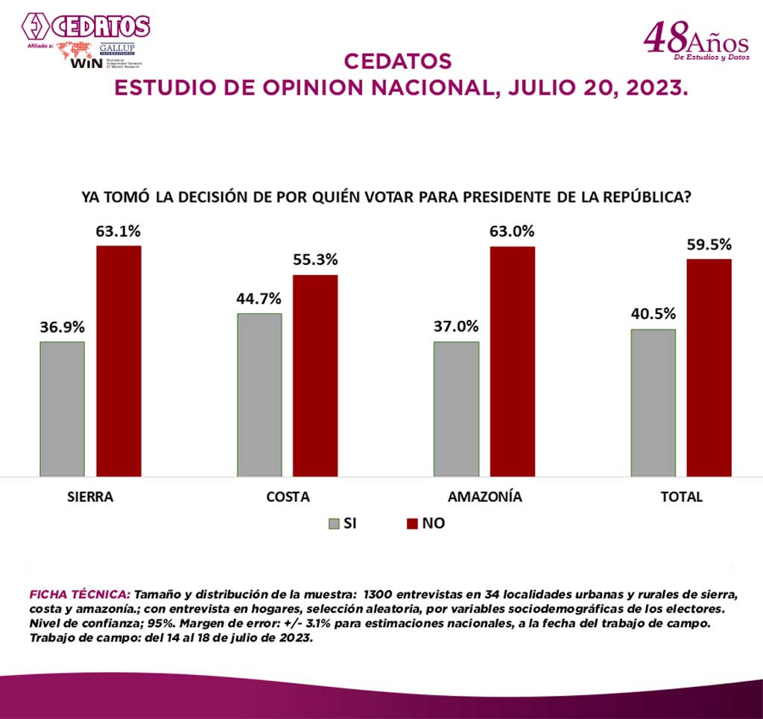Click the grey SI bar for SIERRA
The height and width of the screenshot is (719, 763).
pyautogui.click(x=62, y=409)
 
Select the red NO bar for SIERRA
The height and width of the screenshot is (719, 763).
pyautogui.click(x=118, y=361)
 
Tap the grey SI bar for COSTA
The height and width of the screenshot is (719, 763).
pyautogui.click(x=259, y=395)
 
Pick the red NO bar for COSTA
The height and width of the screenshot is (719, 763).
pyautogui.click(x=315, y=375)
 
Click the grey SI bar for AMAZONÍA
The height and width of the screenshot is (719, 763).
pyautogui.click(x=456, y=409)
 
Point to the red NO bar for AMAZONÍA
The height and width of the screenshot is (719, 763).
pyautogui.click(x=513, y=361)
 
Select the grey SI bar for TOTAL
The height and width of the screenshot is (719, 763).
pyautogui.click(x=653, y=403)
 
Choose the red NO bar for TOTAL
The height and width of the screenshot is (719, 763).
pyautogui.click(x=709, y=367)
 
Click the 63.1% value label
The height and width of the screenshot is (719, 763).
pyautogui.click(x=118, y=230)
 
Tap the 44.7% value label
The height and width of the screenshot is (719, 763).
pyautogui.click(x=259, y=298)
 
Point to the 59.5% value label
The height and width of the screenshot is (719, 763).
pyautogui.click(x=709, y=245)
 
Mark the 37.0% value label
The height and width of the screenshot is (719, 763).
pyautogui.click(x=456, y=327)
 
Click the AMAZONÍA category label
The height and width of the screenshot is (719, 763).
pyautogui.click(x=485, y=497)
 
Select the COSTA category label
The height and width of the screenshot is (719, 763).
pyautogui.click(x=288, y=497)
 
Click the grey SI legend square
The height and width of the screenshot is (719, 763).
pyautogui.click(x=334, y=524)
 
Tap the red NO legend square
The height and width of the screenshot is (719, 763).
pyautogui.click(x=412, y=524)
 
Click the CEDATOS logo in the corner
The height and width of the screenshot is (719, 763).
pyautogui.click(x=85, y=27)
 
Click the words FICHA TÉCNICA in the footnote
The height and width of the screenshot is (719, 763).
pyautogui.click(x=79, y=594)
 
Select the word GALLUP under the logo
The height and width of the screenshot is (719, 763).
pyautogui.click(x=117, y=48)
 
